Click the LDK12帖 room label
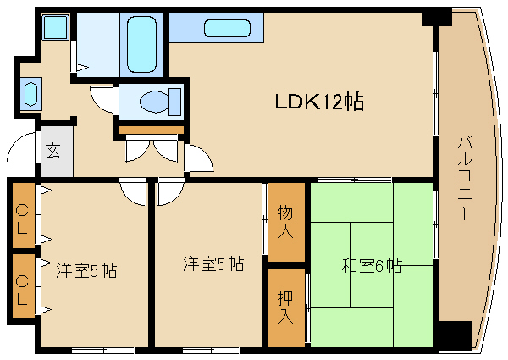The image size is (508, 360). tap(319, 102)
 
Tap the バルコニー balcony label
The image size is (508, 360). tap(464, 178)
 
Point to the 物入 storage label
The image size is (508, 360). tap(285, 221)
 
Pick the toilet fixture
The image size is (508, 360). tap(157, 101)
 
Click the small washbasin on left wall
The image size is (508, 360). tap(31, 91)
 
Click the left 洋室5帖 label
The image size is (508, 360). tap(86, 271)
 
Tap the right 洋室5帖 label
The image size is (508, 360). tap(213, 263)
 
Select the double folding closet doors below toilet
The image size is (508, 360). tap(152, 147)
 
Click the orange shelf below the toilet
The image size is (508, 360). tap(151, 129)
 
